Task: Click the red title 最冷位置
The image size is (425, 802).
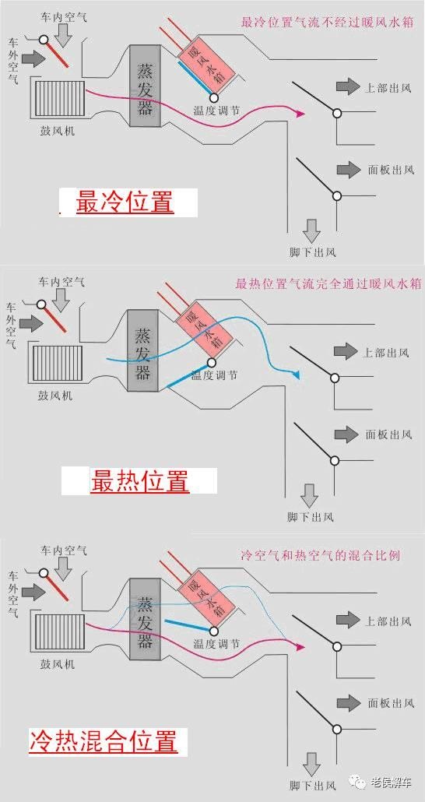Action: click(125, 204)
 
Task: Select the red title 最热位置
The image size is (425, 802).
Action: click(140, 481)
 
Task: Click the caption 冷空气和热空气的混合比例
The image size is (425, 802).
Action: click(320, 557)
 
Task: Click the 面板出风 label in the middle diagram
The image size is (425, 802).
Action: click(389, 434)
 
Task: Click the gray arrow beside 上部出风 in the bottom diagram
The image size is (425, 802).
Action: click(346, 620)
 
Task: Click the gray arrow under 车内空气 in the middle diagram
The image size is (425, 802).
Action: click(64, 300)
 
